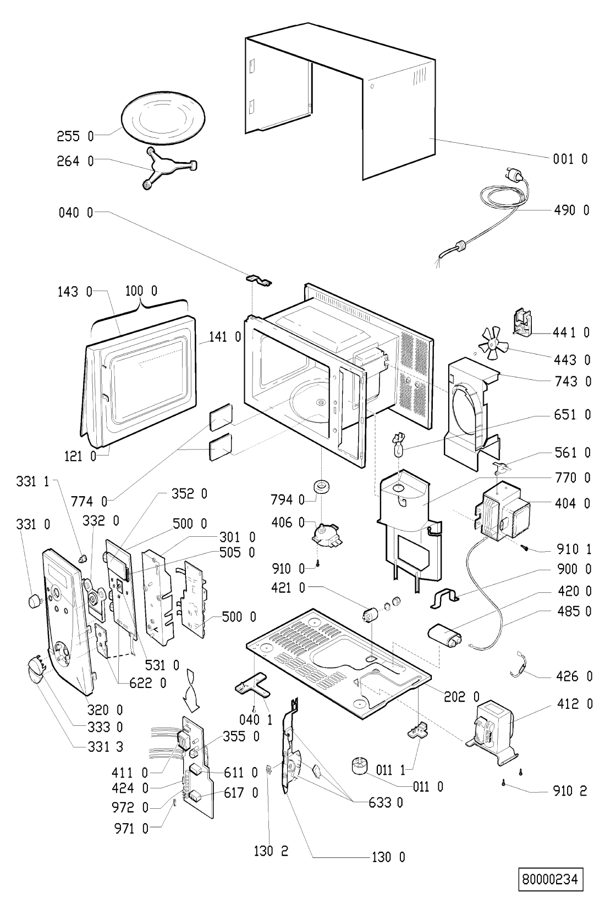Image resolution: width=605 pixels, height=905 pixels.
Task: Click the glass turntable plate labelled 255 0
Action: tap(163, 116)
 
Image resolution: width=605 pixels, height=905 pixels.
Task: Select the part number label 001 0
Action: tap(570, 159)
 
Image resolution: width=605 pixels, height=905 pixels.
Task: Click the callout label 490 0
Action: tap(571, 210)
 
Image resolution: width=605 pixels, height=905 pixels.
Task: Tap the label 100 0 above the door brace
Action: tap(141, 291)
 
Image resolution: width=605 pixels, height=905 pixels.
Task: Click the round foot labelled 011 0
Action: tap(361, 765)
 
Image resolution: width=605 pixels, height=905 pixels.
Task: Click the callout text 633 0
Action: tap(386, 803)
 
